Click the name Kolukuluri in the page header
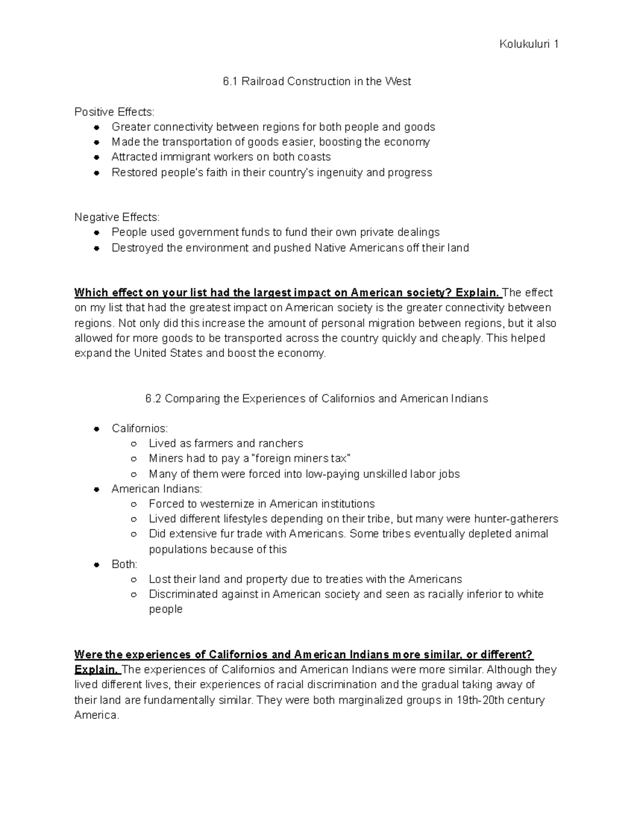523,44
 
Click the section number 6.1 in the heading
230,81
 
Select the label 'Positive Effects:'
115,112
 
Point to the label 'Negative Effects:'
117,217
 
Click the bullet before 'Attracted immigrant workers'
97,158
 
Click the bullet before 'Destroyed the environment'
97,248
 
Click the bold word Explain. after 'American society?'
477,293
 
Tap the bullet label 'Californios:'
139,428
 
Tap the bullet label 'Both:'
124,564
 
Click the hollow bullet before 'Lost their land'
134,579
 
